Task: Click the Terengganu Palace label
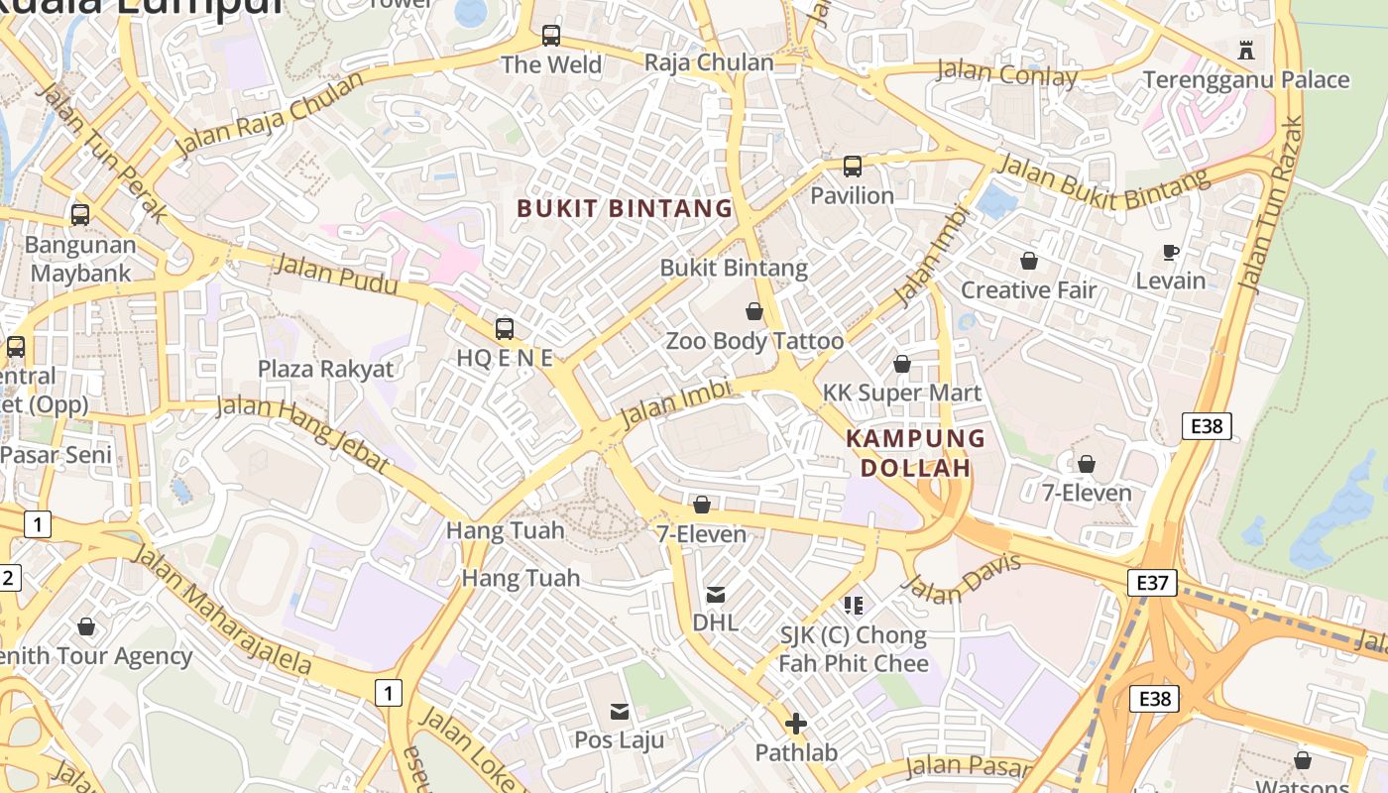point(1245,79)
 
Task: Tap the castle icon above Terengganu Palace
point(1246,49)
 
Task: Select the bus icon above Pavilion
point(852,166)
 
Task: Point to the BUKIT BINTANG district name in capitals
point(625,208)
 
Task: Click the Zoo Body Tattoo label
point(753,341)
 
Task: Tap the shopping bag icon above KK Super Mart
point(901,364)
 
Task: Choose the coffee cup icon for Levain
point(1170,252)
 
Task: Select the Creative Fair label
point(1028,290)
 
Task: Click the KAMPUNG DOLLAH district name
point(915,453)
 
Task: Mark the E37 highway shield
point(1152,582)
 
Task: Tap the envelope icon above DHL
point(715,595)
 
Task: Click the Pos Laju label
point(620,740)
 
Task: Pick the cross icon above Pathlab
point(795,724)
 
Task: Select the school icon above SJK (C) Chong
point(853,605)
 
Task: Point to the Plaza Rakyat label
point(325,369)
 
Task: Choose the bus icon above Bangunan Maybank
point(80,214)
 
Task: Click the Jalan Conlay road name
point(1006,73)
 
